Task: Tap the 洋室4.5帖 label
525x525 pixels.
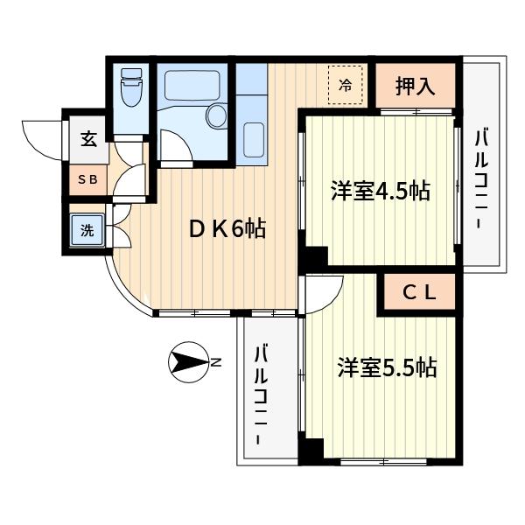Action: coord(380,191)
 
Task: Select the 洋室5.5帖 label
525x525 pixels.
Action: coord(387,367)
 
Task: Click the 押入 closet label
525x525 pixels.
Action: coord(415,86)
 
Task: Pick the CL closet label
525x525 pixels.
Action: coord(418,293)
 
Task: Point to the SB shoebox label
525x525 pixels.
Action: coord(88,180)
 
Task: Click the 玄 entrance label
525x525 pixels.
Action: coord(88,138)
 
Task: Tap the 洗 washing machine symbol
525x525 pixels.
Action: coord(87,232)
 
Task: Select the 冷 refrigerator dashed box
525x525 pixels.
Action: coord(346,86)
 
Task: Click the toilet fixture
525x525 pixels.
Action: coord(132,87)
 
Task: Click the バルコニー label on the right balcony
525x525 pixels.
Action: coord(480,179)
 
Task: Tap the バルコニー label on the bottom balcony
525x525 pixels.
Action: coord(262,396)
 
